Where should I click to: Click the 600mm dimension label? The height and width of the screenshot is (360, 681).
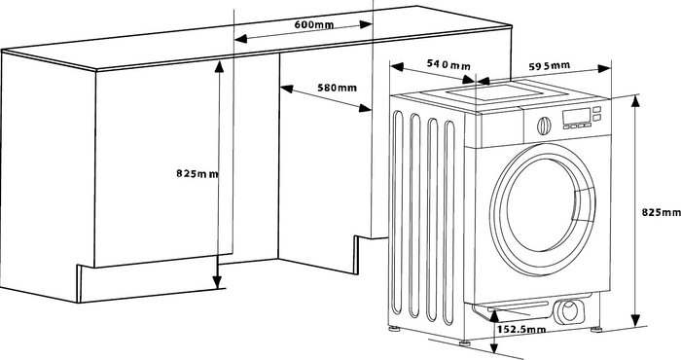pyautogui.click(x=314, y=24)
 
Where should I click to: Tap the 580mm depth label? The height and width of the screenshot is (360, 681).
pyautogui.click(x=337, y=88)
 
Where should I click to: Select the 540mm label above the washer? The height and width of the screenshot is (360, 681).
pyautogui.click(x=448, y=65)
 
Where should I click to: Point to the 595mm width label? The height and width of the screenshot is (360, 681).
pyautogui.click(x=549, y=66)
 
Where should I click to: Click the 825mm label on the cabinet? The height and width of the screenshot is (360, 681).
pyautogui.click(x=197, y=173)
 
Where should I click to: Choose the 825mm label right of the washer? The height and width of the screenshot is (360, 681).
pyautogui.click(x=661, y=212)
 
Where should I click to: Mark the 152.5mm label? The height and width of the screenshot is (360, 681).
pyautogui.click(x=521, y=330)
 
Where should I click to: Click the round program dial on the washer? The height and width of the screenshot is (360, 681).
pyautogui.click(x=544, y=126)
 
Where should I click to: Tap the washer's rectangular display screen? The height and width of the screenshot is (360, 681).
pyautogui.click(x=576, y=116)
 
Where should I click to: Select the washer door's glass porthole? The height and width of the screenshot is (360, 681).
pyautogui.click(x=539, y=204)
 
